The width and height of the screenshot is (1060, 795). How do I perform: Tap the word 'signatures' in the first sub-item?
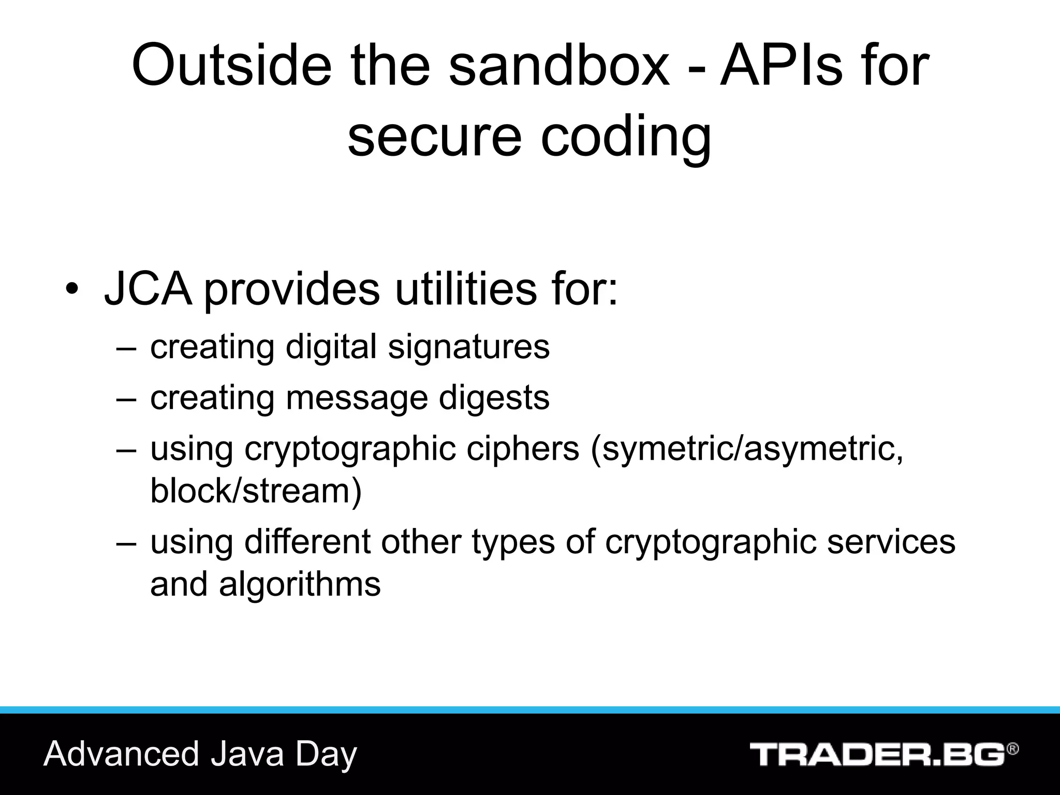click(469, 348)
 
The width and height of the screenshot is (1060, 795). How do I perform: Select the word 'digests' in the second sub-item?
click(494, 399)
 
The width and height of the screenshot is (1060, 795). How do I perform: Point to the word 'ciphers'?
click(523, 449)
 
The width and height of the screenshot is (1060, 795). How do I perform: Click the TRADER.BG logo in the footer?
click(877, 754)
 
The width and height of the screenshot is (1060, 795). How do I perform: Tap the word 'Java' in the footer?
click(247, 754)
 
